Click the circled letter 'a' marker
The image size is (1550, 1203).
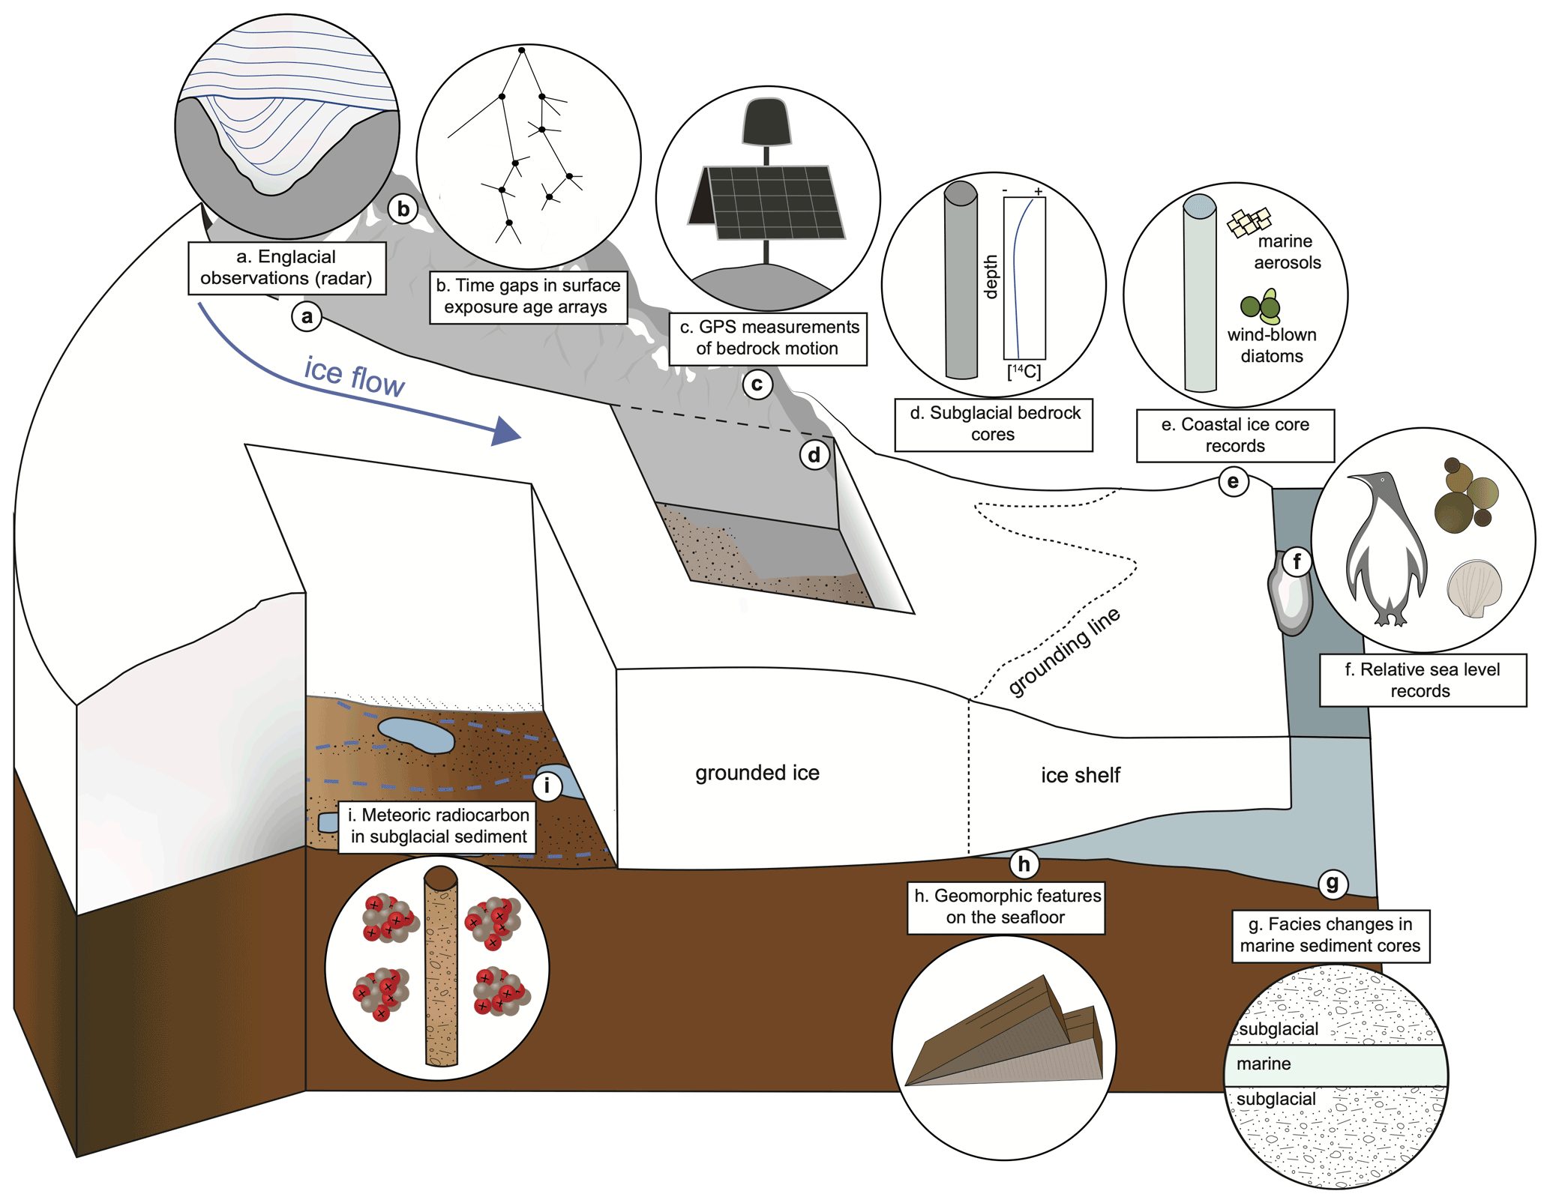pyautogui.click(x=307, y=316)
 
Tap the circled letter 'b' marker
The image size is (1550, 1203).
pyautogui.click(x=403, y=209)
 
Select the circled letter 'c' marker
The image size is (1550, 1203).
pyautogui.click(x=757, y=385)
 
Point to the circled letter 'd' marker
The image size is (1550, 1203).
pyautogui.click(x=814, y=454)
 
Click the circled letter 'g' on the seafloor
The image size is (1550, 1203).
pyautogui.click(x=1333, y=883)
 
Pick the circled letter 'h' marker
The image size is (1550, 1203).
pyautogui.click(x=1024, y=863)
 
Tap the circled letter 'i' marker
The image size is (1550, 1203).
pyautogui.click(x=547, y=786)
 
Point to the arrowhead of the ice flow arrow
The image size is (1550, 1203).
pyautogui.click(x=506, y=432)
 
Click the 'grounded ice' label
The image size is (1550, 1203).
pyautogui.click(x=757, y=773)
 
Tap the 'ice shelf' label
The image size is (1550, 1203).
pyautogui.click(x=1080, y=775)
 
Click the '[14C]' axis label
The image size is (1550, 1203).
pyautogui.click(x=1024, y=371)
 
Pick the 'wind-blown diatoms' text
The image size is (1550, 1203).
pyautogui.click(x=1272, y=346)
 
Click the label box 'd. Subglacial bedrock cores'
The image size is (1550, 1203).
pyautogui.click(x=994, y=424)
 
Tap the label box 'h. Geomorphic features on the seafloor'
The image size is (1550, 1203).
pyautogui.click(x=1006, y=907)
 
